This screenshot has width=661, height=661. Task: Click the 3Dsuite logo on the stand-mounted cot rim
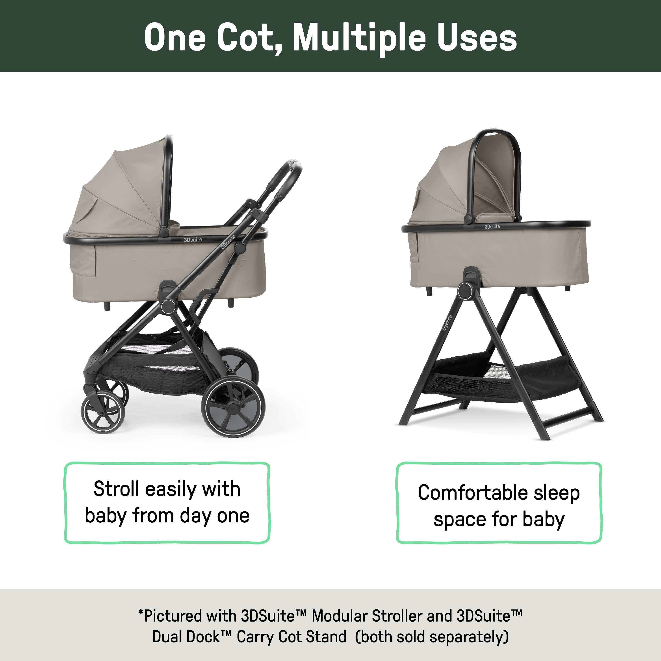(492, 227)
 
